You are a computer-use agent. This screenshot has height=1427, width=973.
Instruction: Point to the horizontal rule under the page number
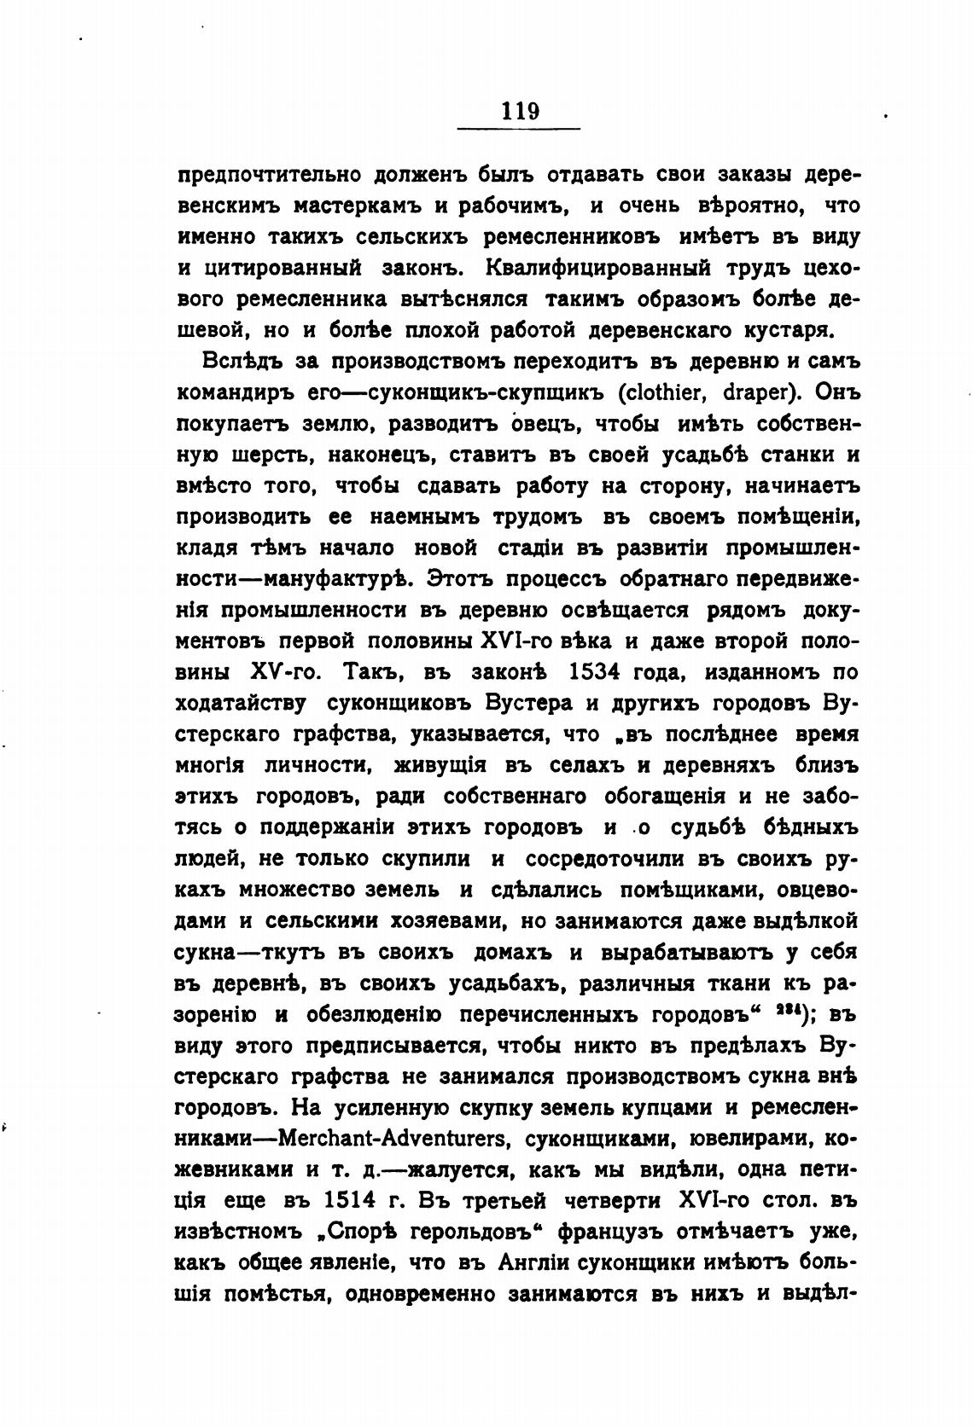(519, 129)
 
